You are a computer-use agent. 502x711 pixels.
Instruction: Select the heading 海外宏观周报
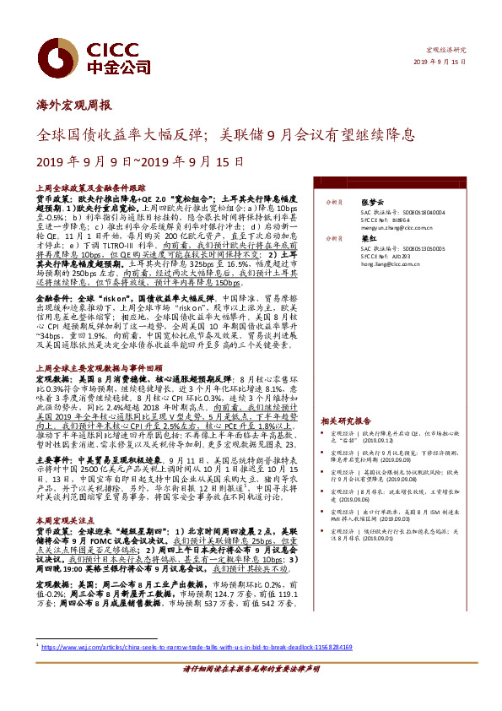click(x=74, y=107)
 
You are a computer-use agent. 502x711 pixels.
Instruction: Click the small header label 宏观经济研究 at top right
click(x=448, y=52)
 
